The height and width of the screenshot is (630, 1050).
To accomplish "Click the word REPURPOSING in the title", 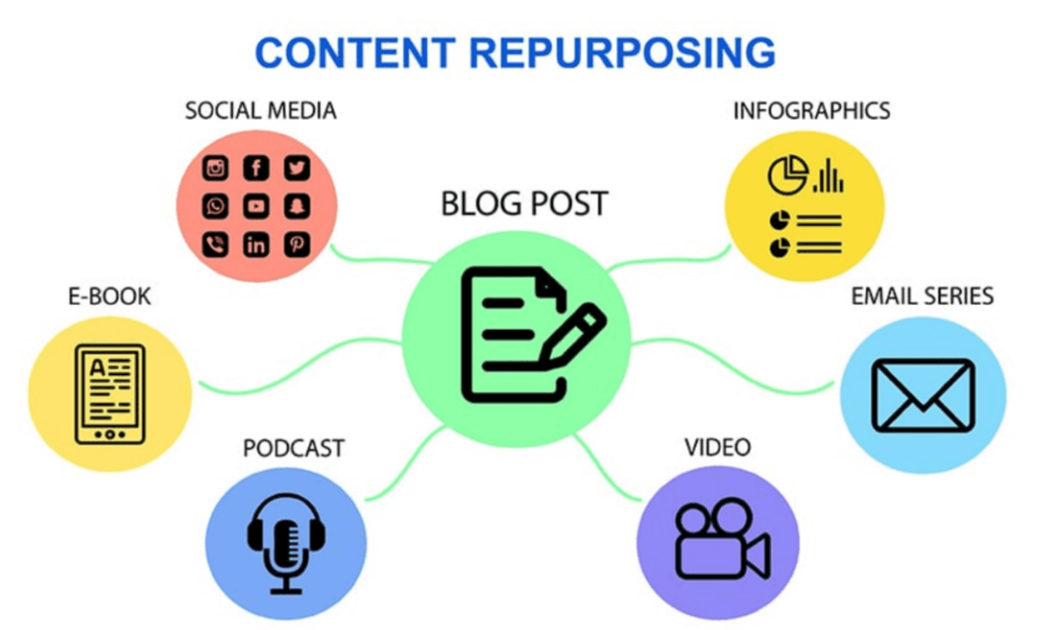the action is click(x=622, y=53).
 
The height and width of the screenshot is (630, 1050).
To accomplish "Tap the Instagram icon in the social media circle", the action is click(x=215, y=168).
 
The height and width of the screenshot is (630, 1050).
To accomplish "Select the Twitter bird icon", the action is click(x=297, y=168).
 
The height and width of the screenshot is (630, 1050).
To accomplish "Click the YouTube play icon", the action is click(x=255, y=206).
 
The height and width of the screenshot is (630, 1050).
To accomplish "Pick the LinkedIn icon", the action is click(x=255, y=245).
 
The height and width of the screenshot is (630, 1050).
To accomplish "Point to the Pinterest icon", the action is click(x=297, y=245).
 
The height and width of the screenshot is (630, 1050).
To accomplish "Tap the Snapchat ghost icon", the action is click(x=297, y=206).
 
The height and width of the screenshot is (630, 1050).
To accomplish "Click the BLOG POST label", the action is click(x=524, y=204).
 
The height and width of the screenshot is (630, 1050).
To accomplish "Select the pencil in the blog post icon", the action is click(x=573, y=336).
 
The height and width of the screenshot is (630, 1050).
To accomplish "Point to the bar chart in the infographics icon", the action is click(x=829, y=176).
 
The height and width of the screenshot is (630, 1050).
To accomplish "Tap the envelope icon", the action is click(x=923, y=395).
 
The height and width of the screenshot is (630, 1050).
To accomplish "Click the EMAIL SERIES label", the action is click(x=922, y=297).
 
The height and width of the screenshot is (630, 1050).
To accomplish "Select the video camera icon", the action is click(x=723, y=538).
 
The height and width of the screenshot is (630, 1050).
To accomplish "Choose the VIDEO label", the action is click(x=717, y=447).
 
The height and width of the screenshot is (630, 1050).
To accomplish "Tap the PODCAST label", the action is click(x=293, y=448).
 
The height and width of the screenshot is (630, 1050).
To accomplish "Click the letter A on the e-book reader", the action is click(x=97, y=367).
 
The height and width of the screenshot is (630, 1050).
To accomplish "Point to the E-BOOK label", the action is click(x=109, y=297).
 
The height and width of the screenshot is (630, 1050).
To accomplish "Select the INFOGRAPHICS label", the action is click(x=811, y=111).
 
